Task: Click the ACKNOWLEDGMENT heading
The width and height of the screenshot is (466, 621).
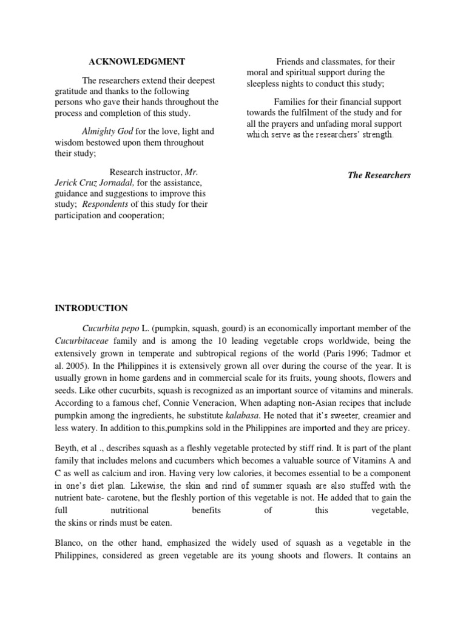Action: (x=137, y=62)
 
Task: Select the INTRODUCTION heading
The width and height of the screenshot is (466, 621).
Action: (x=92, y=308)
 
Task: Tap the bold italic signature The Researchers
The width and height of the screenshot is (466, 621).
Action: (x=379, y=175)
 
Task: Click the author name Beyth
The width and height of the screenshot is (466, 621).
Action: (x=66, y=448)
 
